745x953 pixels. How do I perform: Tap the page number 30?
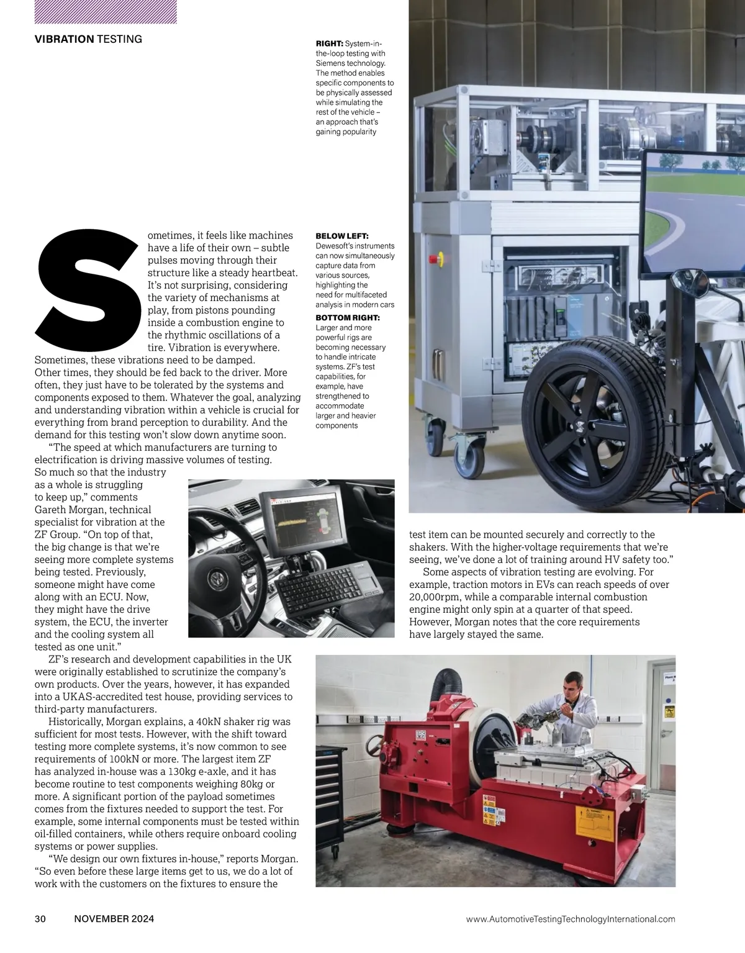tap(40, 919)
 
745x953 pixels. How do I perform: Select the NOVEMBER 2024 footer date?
tap(114, 919)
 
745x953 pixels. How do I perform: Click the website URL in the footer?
tap(570, 919)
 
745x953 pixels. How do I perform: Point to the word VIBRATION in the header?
tap(64, 39)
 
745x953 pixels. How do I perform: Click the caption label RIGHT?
tap(329, 43)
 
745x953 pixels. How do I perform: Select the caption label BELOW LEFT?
tap(341, 236)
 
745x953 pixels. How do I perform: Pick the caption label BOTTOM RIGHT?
tap(347, 318)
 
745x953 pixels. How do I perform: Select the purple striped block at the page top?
tap(106, 11)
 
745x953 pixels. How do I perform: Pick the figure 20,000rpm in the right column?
tap(436, 597)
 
